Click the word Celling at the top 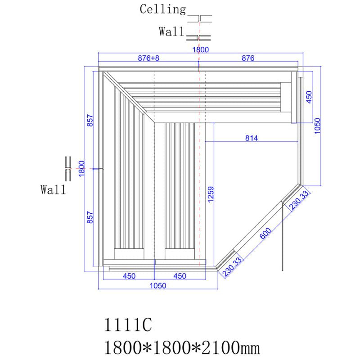tap(162, 9)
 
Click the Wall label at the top tap(171, 31)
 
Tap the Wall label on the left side tap(53, 189)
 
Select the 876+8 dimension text tap(148, 58)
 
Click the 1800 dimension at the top tap(201, 50)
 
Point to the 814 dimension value tap(252, 138)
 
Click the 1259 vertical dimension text tap(210, 195)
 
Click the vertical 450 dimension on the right tap(309, 96)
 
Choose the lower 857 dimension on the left tap(90, 218)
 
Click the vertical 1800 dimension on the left tap(81, 169)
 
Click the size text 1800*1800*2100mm tap(181, 347)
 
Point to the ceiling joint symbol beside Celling tap(199, 18)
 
